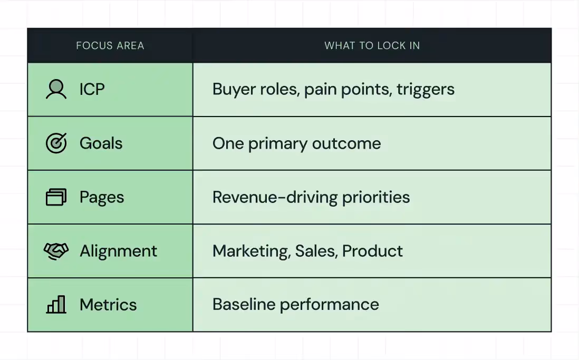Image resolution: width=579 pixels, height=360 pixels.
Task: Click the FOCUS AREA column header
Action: [x=110, y=45]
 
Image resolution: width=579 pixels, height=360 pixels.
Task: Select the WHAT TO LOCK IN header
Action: [x=372, y=45]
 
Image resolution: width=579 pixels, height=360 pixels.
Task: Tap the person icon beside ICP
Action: [x=56, y=90]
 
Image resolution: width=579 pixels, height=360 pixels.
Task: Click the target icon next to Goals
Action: [x=56, y=143]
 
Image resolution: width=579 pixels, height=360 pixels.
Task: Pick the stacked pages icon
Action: [x=56, y=197]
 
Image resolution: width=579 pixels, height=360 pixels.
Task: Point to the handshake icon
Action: [x=56, y=251]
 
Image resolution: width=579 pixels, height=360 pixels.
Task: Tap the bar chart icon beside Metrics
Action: [x=56, y=305]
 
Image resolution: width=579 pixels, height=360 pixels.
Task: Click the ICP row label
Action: [x=92, y=90]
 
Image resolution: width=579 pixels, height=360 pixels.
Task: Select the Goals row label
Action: [x=101, y=143]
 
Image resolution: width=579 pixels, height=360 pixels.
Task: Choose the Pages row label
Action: [x=102, y=198]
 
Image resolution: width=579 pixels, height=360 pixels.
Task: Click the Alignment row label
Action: [x=118, y=251]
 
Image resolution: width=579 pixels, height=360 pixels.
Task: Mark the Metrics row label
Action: [x=108, y=305]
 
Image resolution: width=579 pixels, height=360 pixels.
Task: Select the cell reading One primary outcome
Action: [x=296, y=143]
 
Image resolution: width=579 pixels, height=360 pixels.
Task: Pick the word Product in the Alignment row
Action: [x=372, y=251]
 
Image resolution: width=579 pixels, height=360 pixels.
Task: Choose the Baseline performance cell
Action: [x=295, y=305]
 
